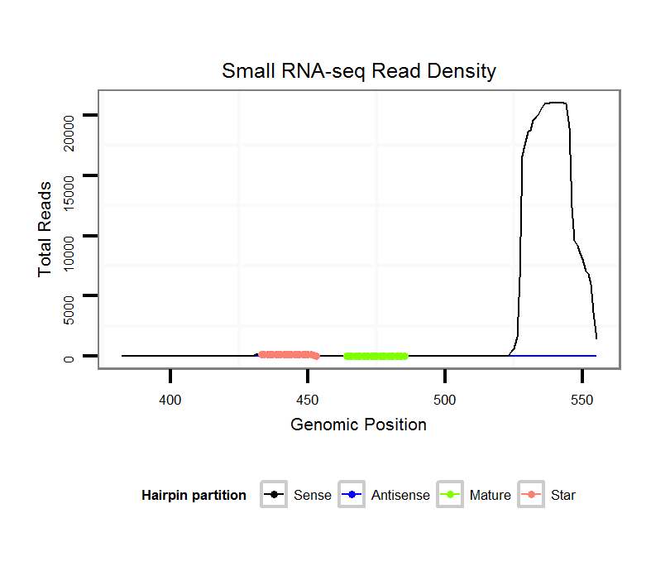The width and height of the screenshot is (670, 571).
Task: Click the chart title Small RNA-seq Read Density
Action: [358, 71]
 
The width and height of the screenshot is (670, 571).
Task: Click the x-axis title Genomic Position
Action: [358, 425]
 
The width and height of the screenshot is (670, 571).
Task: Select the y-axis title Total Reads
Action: [45, 228]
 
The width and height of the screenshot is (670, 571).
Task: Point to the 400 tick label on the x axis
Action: [170, 399]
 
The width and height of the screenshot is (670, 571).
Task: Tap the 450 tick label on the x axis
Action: [308, 399]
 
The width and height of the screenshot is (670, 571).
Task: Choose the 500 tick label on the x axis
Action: [445, 399]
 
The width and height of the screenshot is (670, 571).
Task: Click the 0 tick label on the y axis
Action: [70, 357]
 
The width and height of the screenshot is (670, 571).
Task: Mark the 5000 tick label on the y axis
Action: [70, 296]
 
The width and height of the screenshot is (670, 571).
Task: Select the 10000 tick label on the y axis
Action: [70, 236]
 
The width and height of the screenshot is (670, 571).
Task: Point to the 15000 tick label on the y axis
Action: [70, 175]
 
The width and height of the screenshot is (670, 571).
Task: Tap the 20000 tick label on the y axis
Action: [70, 116]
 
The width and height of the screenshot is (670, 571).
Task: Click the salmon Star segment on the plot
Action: [289, 354]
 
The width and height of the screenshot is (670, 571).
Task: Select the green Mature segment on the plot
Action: [376, 356]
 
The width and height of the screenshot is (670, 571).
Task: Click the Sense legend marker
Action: [273, 495]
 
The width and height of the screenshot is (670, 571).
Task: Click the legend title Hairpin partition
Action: [194, 496]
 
